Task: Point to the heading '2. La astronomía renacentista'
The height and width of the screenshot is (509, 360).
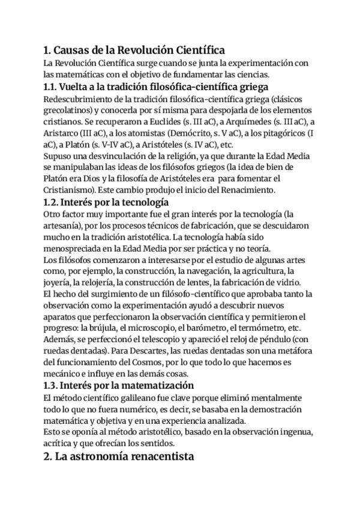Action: pos(119,457)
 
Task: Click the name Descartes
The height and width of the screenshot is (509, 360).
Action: pos(155,350)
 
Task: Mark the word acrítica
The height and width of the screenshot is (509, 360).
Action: pos(59,443)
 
